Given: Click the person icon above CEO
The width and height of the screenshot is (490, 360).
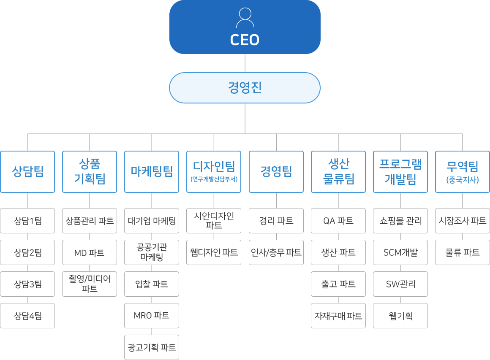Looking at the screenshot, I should [245, 18].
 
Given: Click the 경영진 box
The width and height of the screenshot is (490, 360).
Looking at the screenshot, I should [245, 88].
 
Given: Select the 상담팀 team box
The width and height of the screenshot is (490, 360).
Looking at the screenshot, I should [27, 172].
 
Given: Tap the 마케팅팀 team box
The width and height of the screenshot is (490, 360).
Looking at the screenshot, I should [152, 172].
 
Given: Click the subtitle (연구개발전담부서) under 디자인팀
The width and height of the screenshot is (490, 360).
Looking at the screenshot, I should [214, 179].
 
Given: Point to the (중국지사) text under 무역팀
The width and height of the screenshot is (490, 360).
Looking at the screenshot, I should [463, 180].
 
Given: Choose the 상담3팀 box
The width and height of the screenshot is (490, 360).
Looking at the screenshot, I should [27, 284].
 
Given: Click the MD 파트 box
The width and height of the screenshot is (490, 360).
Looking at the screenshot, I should [90, 252].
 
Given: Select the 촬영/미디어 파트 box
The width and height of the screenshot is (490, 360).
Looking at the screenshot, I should [90, 284].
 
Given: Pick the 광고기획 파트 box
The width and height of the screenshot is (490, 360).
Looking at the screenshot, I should [152, 347].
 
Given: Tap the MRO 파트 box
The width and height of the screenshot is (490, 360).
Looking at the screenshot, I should [152, 316].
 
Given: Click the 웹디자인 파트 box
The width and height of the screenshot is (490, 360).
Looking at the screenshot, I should [214, 252].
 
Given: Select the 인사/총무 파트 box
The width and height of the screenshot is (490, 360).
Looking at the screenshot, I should [276, 252].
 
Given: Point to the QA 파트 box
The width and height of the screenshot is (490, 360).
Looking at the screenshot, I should [338, 221].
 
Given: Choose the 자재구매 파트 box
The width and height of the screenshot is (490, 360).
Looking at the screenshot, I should [338, 316].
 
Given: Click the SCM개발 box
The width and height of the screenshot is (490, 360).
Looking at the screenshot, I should [400, 252].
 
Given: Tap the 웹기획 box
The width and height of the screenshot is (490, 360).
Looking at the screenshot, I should [400, 316].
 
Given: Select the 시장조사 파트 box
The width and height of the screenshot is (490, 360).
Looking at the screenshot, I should [463, 221].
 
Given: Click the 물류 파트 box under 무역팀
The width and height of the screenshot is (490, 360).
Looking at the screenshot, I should [463, 252].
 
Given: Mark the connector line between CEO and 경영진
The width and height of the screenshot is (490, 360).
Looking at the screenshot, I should [245, 63].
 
